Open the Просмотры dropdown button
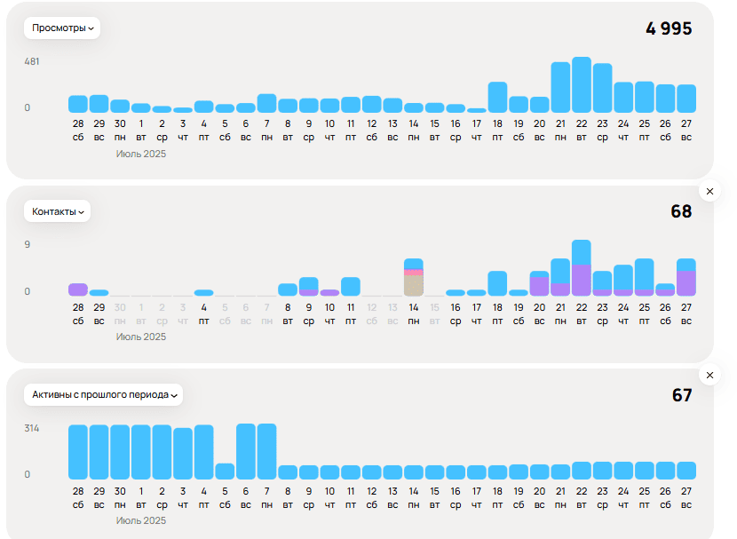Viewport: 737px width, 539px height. (62, 28)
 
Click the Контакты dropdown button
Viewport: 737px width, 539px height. (57, 211)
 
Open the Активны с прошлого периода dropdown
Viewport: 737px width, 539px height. (104, 394)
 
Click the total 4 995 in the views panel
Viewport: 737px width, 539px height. (669, 28)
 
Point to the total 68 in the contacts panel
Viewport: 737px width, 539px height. (681, 211)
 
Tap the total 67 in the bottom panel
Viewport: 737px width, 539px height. (681, 395)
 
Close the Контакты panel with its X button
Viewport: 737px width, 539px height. (709, 191)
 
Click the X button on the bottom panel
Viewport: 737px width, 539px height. (709, 375)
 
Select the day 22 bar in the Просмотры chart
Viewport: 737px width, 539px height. (582, 85)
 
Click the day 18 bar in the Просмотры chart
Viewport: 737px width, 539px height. (497, 98)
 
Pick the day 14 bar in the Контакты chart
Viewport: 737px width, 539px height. (414, 278)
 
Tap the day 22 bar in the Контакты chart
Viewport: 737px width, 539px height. (582, 268)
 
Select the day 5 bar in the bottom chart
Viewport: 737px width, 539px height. (225, 472)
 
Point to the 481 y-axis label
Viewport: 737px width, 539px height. (32, 62)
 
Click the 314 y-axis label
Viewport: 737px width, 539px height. (32, 429)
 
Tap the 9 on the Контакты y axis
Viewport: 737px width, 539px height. (28, 245)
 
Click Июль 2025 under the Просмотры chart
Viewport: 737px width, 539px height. (141, 154)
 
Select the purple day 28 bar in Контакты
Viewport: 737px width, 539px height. (78, 289)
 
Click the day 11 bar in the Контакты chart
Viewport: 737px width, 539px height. (351, 287)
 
